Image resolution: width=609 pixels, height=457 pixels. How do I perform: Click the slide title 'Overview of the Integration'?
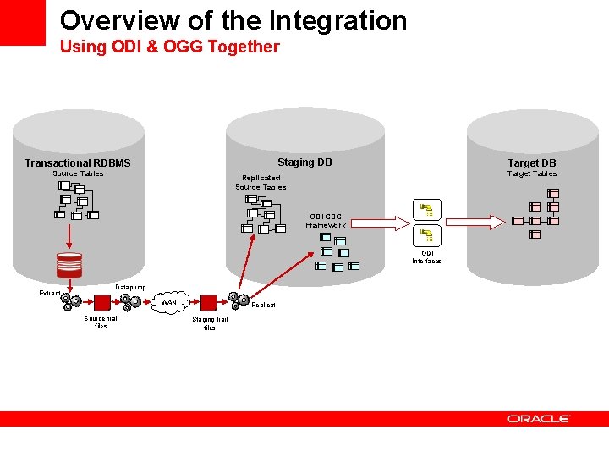(233, 20)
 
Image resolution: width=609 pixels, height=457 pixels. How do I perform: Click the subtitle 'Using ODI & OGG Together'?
(169, 47)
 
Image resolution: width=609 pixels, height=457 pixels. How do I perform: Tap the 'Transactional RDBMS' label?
(78, 162)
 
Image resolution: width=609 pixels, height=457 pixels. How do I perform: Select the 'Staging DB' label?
(304, 162)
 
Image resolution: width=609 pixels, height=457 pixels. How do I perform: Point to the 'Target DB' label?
(532, 162)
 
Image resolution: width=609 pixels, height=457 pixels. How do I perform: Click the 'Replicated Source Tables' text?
(261, 182)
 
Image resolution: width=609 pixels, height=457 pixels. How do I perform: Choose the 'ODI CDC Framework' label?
(326, 221)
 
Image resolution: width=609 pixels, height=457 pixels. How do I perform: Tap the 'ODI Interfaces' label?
(427, 257)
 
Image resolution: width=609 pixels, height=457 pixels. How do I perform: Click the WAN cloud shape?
(169, 302)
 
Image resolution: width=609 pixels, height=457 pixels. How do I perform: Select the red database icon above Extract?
(69, 265)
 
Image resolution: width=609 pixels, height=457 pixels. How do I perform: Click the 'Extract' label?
(50, 293)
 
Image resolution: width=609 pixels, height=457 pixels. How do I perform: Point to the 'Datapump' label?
(130, 288)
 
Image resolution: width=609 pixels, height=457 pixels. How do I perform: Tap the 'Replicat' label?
(263, 305)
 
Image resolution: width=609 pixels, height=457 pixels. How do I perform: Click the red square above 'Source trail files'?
(101, 302)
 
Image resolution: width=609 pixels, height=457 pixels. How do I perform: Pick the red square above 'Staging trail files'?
(208, 302)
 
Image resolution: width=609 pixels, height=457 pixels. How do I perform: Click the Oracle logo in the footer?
(539, 418)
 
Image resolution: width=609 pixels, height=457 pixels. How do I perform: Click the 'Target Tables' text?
(532, 174)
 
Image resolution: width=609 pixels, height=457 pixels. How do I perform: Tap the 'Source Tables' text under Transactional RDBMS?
(78, 174)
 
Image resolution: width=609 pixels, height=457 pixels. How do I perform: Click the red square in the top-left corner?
(22, 22)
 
